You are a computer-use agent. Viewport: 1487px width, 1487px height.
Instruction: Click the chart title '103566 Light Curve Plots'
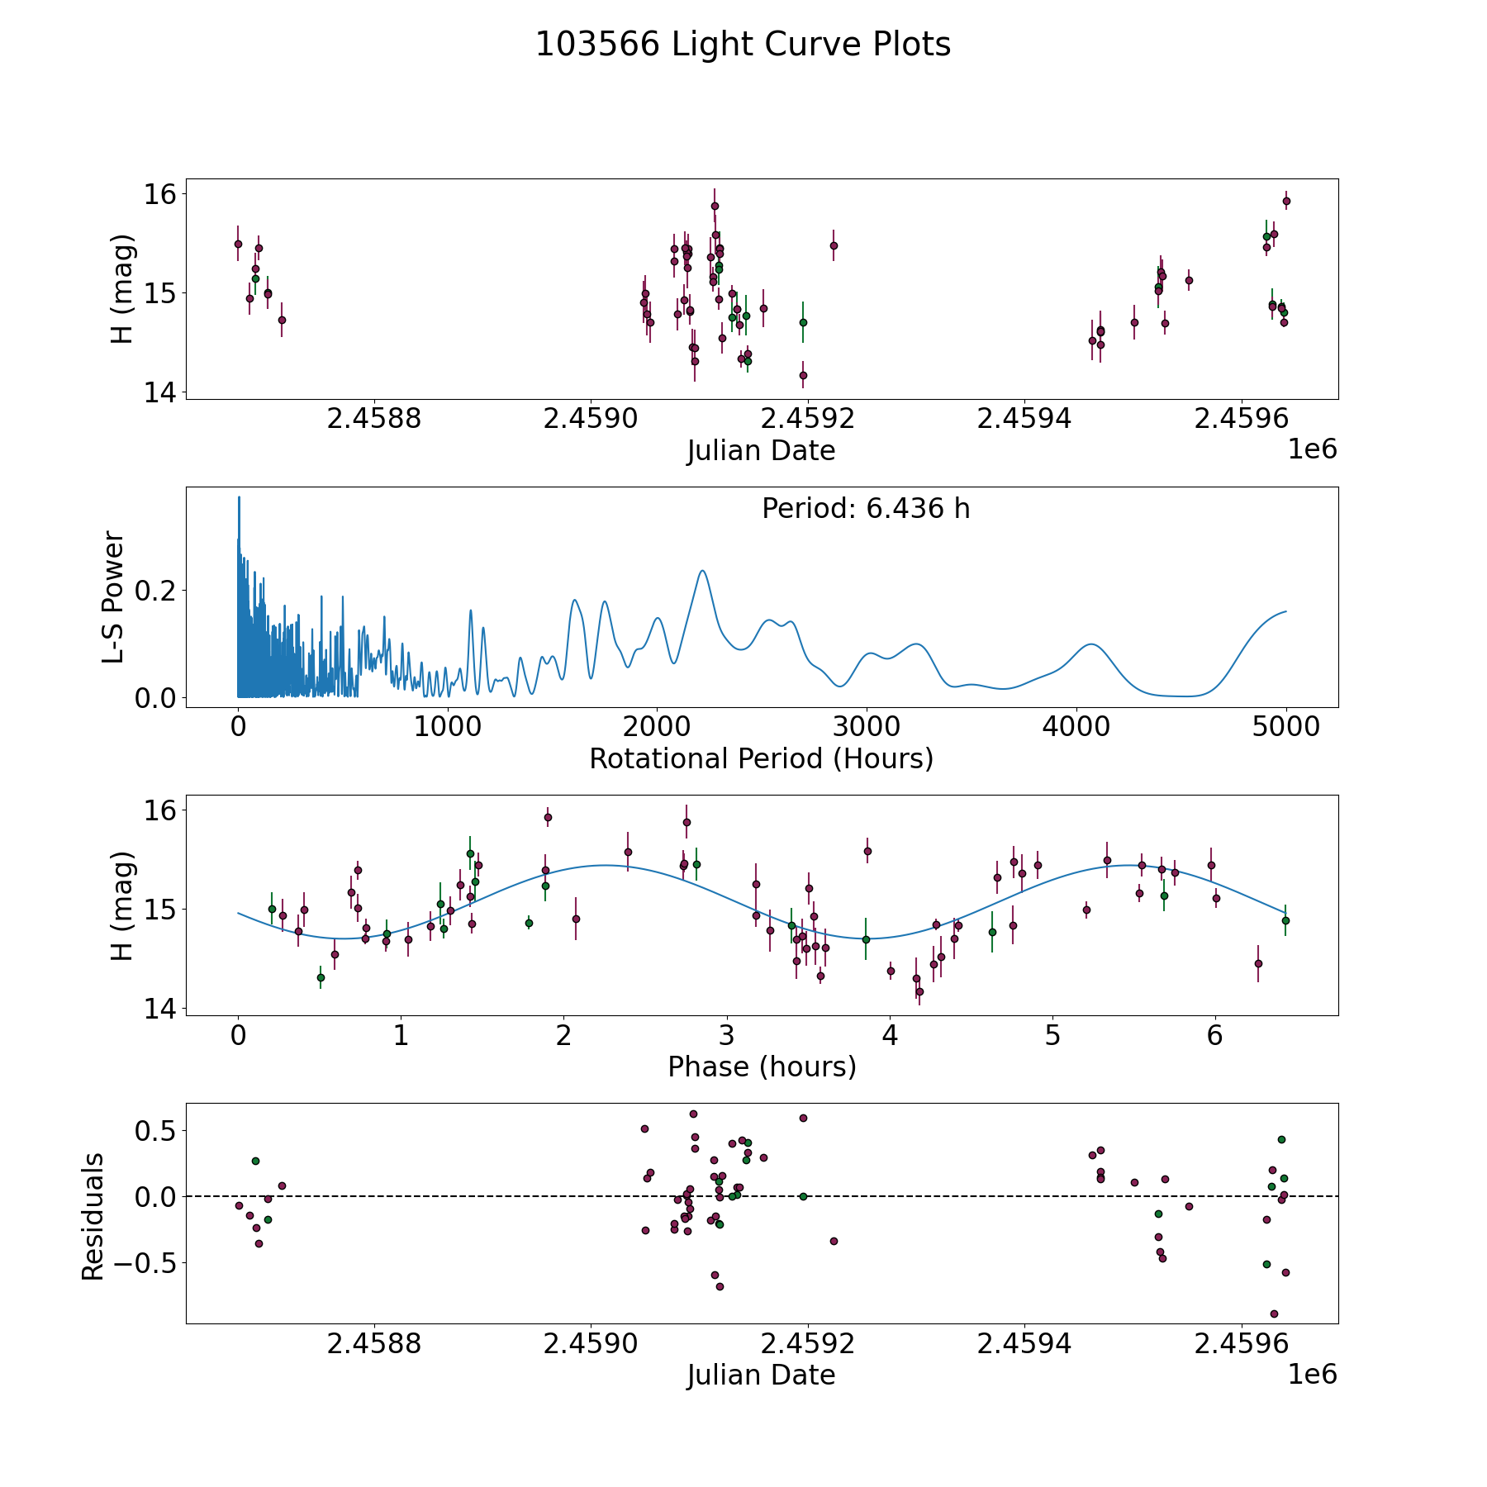click(743, 45)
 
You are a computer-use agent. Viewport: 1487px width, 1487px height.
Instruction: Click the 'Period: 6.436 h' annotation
click(866, 509)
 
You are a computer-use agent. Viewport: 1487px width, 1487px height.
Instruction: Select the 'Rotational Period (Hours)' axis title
click(761, 758)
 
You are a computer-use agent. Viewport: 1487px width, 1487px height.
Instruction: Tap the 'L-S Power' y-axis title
click(113, 597)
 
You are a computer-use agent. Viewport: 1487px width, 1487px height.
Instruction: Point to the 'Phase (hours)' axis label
click(762, 1067)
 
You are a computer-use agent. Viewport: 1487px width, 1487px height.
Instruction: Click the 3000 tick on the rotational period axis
click(866, 727)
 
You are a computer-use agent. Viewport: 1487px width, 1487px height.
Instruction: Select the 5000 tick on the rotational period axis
click(1285, 727)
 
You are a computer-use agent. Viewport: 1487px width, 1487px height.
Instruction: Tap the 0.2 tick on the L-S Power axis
click(156, 591)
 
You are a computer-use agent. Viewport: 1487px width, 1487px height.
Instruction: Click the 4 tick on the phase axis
click(890, 1035)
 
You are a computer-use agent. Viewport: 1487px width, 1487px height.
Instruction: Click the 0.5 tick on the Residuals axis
click(156, 1130)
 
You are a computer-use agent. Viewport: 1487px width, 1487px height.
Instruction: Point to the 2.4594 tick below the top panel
click(1024, 419)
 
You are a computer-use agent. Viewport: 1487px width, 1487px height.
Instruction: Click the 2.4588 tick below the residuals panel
click(374, 1344)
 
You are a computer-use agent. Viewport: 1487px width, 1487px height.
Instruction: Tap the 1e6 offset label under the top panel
click(1313, 449)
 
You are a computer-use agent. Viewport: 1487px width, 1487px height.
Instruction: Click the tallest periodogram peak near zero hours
click(239, 497)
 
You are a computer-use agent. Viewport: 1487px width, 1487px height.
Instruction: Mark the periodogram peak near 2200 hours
click(702, 571)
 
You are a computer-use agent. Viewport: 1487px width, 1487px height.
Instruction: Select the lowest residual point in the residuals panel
click(1274, 1314)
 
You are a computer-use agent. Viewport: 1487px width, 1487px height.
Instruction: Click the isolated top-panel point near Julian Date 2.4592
click(834, 245)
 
